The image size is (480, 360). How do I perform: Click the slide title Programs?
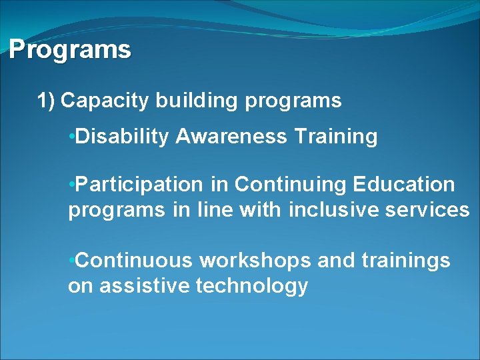click(70, 50)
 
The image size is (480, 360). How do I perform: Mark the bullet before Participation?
click(71, 184)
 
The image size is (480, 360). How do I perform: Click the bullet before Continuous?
click(71, 260)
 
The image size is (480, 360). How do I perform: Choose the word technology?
click(252, 287)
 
